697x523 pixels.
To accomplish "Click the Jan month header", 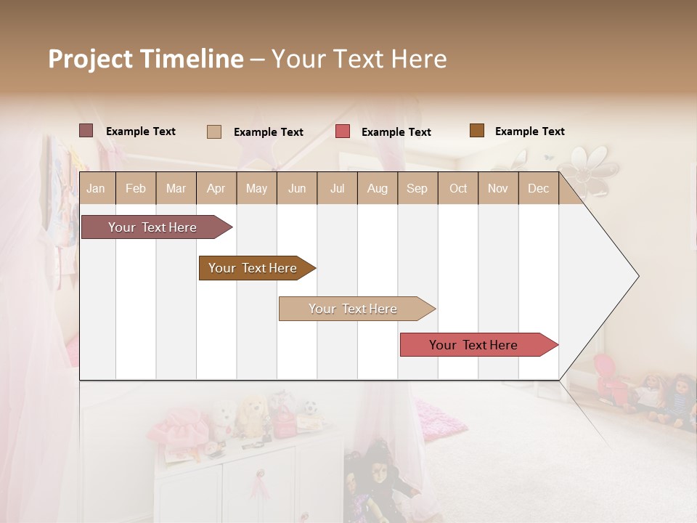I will pyautogui.click(x=96, y=189).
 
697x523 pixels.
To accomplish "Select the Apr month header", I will pyautogui.click(x=216, y=189).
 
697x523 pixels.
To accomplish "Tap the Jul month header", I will pyautogui.click(x=337, y=189).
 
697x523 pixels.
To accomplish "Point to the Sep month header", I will pyautogui.click(x=417, y=189).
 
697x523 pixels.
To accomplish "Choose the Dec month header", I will pyautogui.click(x=538, y=189).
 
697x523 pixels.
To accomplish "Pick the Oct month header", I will pyautogui.click(x=458, y=189).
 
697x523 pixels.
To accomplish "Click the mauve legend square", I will pyautogui.click(x=86, y=131).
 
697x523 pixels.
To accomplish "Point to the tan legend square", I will pyautogui.click(x=213, y=131).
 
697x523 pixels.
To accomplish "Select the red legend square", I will pyautogui.click(x=343, y=131).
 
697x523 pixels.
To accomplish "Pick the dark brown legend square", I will pyautogui.click(x=476, y=131).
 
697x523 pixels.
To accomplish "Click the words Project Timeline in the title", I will pyautogui.click(x=145, y=59).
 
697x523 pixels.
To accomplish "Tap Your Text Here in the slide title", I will pyautogui.click(x=359, y=59).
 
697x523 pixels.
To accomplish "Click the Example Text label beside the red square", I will pyautogui.click(x=396, y=132).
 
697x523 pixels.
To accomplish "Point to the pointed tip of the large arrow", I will pyautogui.click(x=637, y=276).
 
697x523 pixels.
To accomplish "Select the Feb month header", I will pyautogui.click(x=136, y=189).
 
